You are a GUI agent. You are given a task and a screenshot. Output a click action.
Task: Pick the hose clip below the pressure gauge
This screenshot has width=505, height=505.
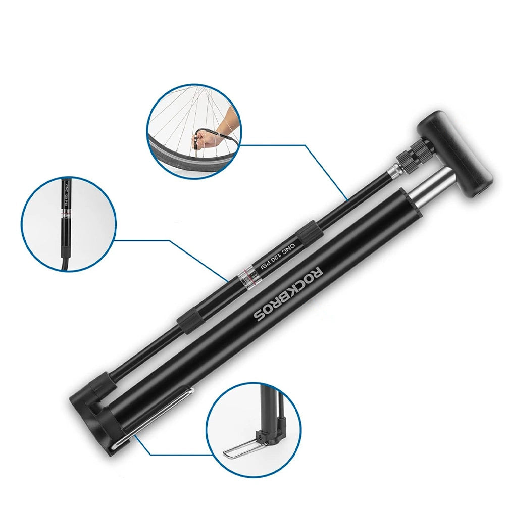(186, 323)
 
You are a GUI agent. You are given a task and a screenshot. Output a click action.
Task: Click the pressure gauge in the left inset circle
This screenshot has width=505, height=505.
(67, 214)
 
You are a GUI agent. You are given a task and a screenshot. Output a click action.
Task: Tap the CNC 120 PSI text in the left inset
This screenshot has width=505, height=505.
(67, 194)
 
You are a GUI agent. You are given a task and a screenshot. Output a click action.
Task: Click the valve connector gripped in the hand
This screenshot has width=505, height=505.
(196, 144)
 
